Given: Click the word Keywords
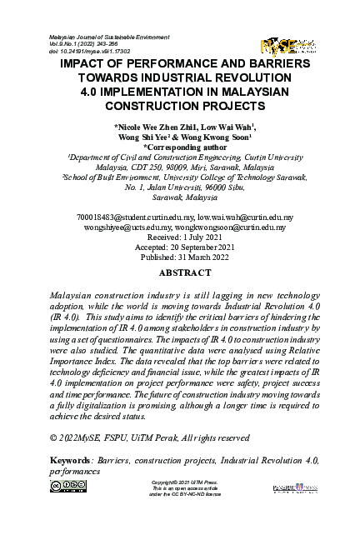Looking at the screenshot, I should (x=71, y=459).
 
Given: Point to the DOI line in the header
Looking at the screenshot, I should (x=87, y=52).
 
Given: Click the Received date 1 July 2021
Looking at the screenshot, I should (x=179, y=235).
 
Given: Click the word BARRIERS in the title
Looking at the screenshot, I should (x=275, y=63).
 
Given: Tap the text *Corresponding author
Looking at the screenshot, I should (x=180, y=147).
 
